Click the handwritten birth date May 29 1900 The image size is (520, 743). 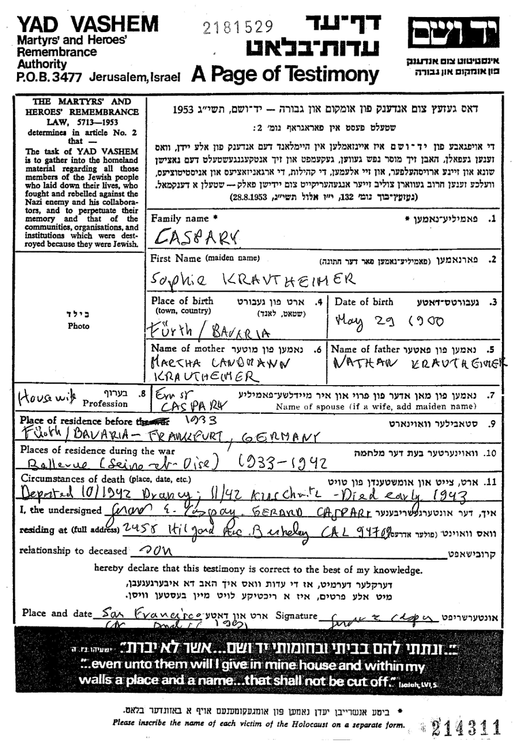pyautogui.click(x=389, y=321)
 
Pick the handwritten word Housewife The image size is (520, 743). pyautogui.click(x=47, y=398)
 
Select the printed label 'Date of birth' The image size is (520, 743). pyautogui.click(x=364, y=301)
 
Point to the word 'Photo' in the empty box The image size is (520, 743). pyautogui.click(x=78, y=326)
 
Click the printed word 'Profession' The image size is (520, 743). pyautogui.click(x=105, y=404)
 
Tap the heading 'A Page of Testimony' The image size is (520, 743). pyautogui.click(x=285, y=74)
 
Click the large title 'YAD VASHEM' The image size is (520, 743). pyautogui.click(x=88, y=24)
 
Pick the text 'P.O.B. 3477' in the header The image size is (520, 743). pyautogui.click(x=49, y=77)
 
